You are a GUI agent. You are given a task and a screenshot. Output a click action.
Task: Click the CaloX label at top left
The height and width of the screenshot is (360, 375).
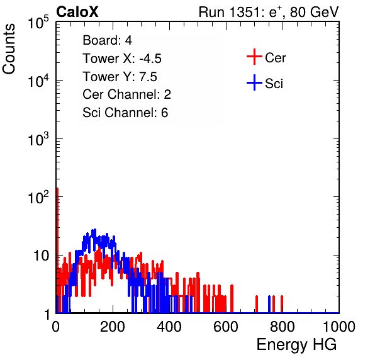[x=77, y=12]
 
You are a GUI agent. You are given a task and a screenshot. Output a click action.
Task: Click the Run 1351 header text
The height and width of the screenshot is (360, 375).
[x=269, y=12]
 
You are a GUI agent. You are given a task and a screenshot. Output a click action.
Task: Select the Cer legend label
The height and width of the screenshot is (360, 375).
[x=275, y=58]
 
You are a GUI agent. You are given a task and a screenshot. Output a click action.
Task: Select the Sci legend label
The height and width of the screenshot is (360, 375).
[x=274, y=84]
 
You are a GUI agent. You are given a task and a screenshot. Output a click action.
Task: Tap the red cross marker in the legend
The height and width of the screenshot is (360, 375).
[x=254, y=57]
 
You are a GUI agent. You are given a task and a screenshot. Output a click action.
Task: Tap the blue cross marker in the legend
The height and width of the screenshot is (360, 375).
[x=254, y=82]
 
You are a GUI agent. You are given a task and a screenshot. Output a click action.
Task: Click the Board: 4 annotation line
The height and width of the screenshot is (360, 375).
[x=107, y=40]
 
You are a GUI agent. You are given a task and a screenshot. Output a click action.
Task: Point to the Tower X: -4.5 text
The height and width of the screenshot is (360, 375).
[x=122, y=59]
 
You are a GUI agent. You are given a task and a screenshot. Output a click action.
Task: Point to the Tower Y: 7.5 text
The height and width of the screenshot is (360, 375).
[x=120, y=77]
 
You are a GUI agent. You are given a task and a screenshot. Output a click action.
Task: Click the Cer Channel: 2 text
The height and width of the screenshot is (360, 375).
[x=126, y=94]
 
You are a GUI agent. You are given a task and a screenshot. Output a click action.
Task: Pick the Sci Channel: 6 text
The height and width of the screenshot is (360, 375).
[x=125, y=113]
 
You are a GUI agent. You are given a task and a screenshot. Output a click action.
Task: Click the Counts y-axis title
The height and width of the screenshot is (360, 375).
[x=9, y=49]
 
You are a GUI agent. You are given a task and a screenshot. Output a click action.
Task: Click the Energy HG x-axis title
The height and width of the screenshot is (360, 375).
[x=296, y=344]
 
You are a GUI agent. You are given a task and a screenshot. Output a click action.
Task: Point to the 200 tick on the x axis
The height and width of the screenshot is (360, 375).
[x=113, y=327]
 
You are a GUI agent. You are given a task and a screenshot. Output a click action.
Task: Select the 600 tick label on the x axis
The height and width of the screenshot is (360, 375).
[x=226, y=327]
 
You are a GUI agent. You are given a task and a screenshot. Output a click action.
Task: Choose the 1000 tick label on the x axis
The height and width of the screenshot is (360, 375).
[x=339, y=327]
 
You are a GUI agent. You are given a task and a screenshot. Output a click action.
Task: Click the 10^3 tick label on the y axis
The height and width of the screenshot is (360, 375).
[x=39, y=138]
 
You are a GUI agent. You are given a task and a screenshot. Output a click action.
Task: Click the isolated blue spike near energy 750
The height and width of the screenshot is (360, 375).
[x=269, y=304]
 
